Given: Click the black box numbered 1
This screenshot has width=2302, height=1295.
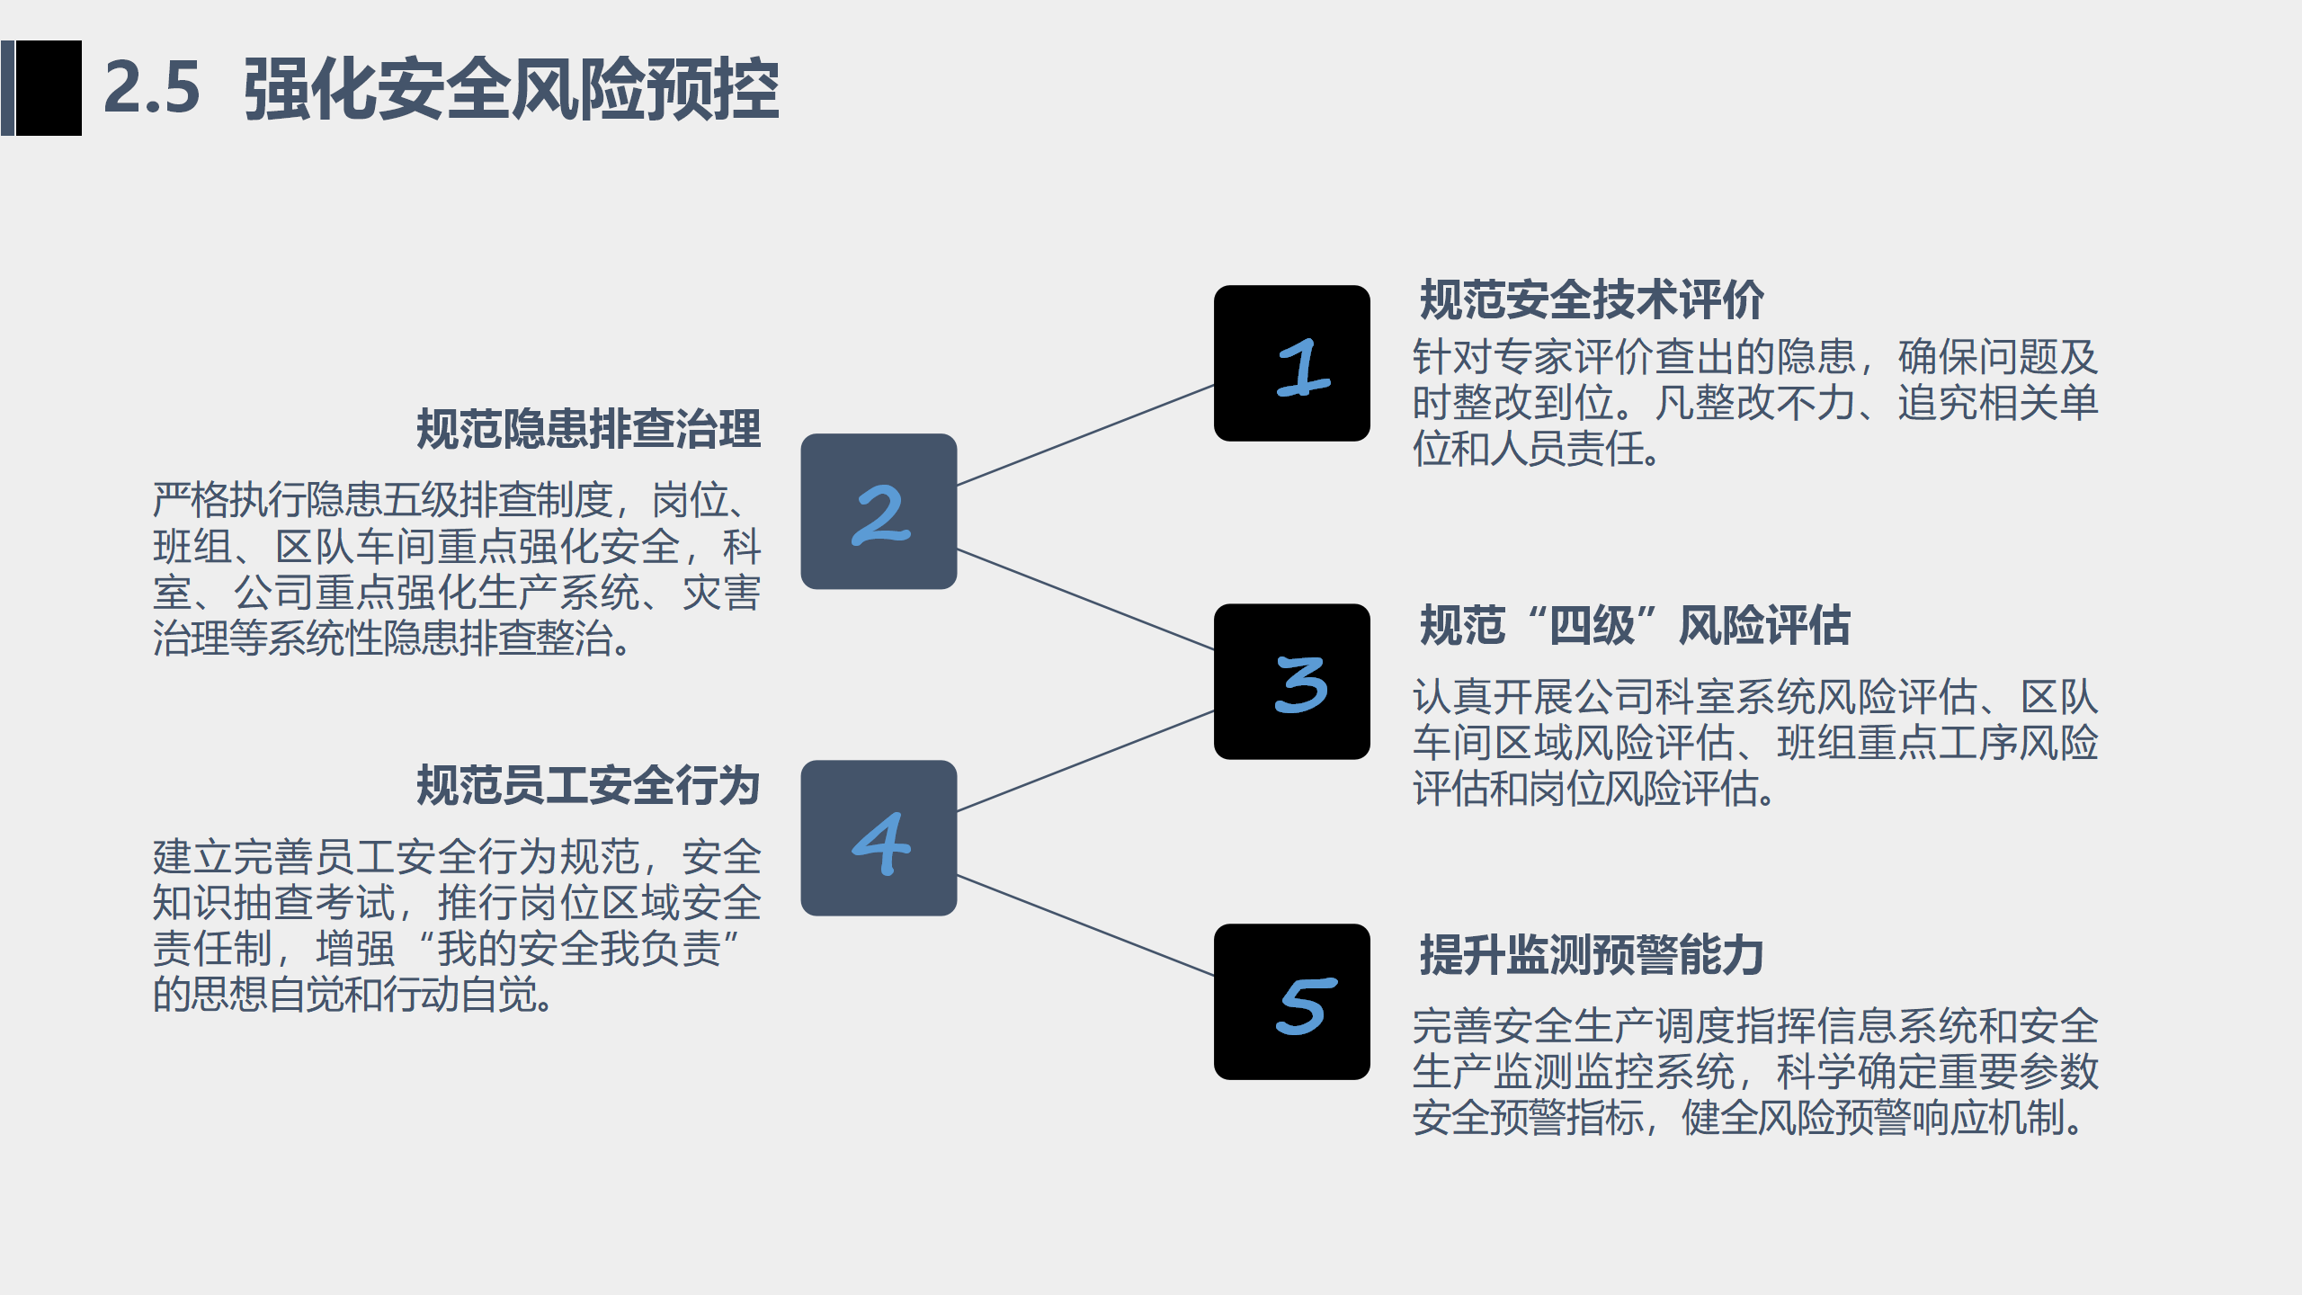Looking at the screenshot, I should pyautogui.click(x=1291, y=363).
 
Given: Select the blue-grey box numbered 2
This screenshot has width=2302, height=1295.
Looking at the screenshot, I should pyautogui.click(x=879, y=512).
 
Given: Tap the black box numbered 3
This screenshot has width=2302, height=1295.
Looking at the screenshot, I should pyautogui.click(x=1291, y=682).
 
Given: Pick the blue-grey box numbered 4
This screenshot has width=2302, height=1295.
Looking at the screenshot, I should pyautogui.click(x=879, y=838).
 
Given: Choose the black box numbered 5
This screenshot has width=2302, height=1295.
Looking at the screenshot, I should pyautogui.click(x=1291, y=1002).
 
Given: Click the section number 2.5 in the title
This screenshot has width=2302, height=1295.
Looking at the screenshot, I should pyautogui.click(x=151, y=88).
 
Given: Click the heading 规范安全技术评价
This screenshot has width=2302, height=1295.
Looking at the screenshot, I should pyautogui.click(x=1591, y=299).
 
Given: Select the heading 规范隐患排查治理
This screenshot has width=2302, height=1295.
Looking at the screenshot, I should pyautogui.click(x=589, y=429).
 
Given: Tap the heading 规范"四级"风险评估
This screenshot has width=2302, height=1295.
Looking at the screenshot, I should pyautogui.click(x=1634, y=625).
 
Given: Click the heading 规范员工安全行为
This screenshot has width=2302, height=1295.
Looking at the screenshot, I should pyautogui.click(x=589, y=785).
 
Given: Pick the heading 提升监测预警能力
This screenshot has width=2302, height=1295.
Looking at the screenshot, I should pyautogui.click(x=1591, y=954).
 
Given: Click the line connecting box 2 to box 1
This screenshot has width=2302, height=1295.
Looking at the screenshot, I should pyautogui.click(x=1085, y=435).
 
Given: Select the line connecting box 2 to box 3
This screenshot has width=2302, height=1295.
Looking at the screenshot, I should pyautogui.click(x=1085, y=599).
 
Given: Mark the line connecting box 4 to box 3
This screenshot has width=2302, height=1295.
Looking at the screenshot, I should pyautogui.click(x=1085, y=761).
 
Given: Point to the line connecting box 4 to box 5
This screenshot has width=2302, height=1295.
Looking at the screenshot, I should pyautogui.click(x=1085, y=925).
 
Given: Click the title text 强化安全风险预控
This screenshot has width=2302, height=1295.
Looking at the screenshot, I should pyautogui.click(x=511, y=88).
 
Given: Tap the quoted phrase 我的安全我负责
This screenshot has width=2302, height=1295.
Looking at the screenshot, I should pyautogui.click(x=579, y=949).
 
